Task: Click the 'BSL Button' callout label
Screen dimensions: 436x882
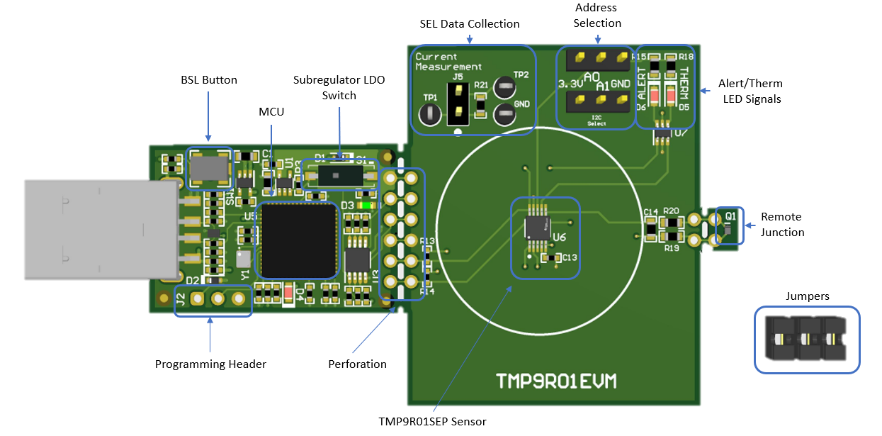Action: pyautogui.click(x=209, y=80)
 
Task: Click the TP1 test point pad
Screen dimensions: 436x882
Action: pyautogui.click(x=430, y=115)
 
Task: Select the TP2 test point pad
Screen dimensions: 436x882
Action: pyautogui.click(x=504, y=89)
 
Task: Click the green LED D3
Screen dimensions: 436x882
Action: pyautogui.click(x=366, y=206)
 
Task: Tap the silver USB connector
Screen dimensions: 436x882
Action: pyautogui.click(x=99, y=228)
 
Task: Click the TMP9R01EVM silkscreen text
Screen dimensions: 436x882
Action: pyautogui.click(x=555, y=381)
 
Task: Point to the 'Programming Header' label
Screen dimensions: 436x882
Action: pyautogui.click(x=210, y=364)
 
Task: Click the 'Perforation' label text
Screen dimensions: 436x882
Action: pyautogui.click(x=357, y=364)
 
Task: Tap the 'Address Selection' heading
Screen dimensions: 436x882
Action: pyautogui.click(x=597, y=16)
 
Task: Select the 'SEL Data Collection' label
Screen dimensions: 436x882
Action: pyautogui.click(x=469, y=24)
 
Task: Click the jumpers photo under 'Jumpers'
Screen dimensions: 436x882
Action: pyautogui.click(x=806, y=339)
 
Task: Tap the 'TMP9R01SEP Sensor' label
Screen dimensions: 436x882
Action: pyautogui.click(x=432, y=421)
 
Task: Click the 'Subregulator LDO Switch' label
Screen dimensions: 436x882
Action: pyautogui.click(x=339, y=87)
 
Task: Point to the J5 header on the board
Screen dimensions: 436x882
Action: pyautogui.click(x=458, y=101)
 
